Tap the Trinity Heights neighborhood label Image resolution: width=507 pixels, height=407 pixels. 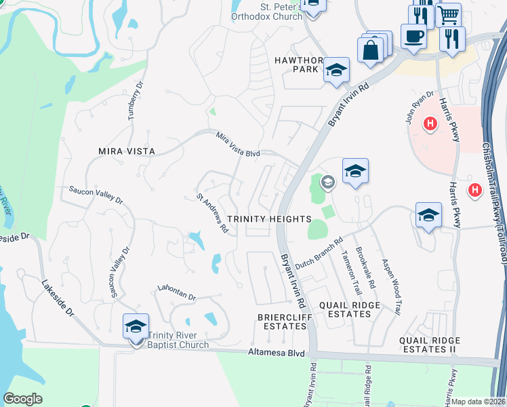tap(268, 219)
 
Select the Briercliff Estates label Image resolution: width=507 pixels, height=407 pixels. tap(283, 321)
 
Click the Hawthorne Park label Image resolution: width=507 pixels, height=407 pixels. tap(296, 64)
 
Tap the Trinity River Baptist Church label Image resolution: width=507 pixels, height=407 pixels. tap(178, 340)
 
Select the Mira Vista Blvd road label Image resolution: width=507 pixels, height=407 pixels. tap(238, 144)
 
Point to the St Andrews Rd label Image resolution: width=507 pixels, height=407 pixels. tap(212, 214)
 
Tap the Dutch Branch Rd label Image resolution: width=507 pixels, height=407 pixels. tap(320, 252)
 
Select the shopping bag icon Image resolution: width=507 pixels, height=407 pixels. tap(371, 50)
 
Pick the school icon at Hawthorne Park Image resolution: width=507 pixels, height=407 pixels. tap(336, 70)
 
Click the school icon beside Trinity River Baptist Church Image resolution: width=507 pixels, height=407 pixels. tap(136, 326)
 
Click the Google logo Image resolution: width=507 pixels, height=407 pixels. tap(22, 399)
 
